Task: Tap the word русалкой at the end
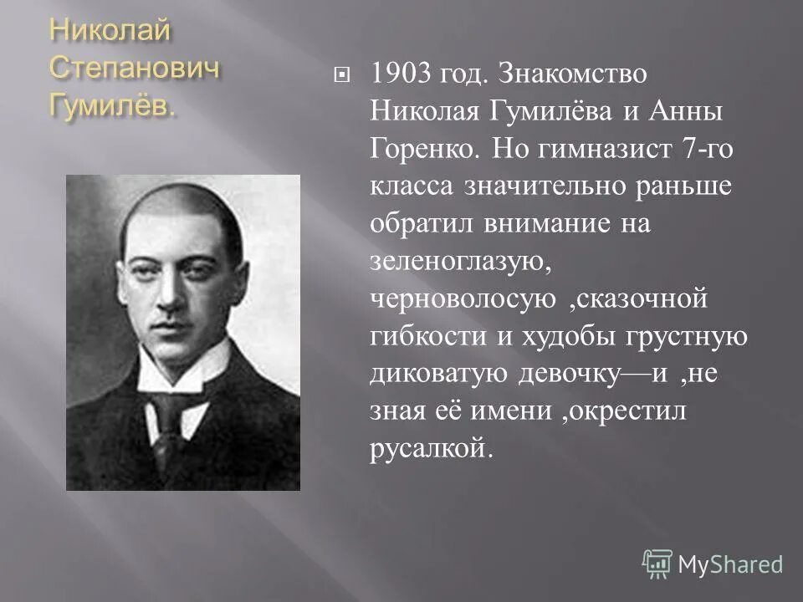(x=427, y=449)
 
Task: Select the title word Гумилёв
(x=112, y=105)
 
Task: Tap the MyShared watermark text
(x=730, y=564)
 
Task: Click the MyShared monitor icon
(x=657, y=564)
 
